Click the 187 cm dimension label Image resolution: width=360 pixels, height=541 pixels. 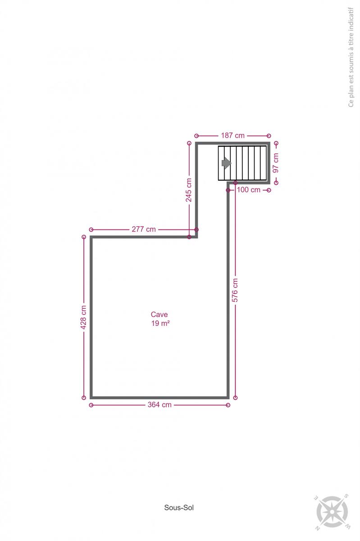pyautogui.click(x=233, y=136)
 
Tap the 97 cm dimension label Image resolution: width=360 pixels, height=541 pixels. pyautogui.click(x=276, y=163)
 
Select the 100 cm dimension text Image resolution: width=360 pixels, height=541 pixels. pyautogui.click(x=248, y=190)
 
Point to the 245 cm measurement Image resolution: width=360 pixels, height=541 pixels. pyautogui.click(x=189, y=190)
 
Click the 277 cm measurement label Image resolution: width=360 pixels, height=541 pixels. pyautogui.click(x=144, y=229)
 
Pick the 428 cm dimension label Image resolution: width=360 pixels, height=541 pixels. pyautogui.click(x=83, y=317)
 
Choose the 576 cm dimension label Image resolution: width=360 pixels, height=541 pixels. pyautogui.click(x=235, y=290)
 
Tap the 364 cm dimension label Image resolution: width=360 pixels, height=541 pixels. pyautogui.click(x=159, y=405)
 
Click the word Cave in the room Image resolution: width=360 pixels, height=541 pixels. pyautogui.click(x=159, y=315)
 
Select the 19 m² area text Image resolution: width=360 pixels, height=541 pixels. pyautogui.click(x=160, y=323)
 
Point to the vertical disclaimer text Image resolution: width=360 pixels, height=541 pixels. pyautogui.click(x=351, y=57)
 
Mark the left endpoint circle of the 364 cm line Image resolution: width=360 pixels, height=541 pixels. pyautogui.click(x=91, y=405)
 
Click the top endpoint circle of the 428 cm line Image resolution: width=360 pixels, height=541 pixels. pyautogui.click(x=84, y=237)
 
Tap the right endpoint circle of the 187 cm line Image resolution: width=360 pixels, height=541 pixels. pyautogui.click(x=269, y=136)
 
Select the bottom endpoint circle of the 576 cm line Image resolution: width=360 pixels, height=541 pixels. pyautogui.click(x=235, y=398)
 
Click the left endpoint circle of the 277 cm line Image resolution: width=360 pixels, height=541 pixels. pyautogui.click(x=91, y=229)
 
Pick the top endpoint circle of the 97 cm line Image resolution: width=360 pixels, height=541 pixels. pyautogui.click(x=276, y=143)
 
